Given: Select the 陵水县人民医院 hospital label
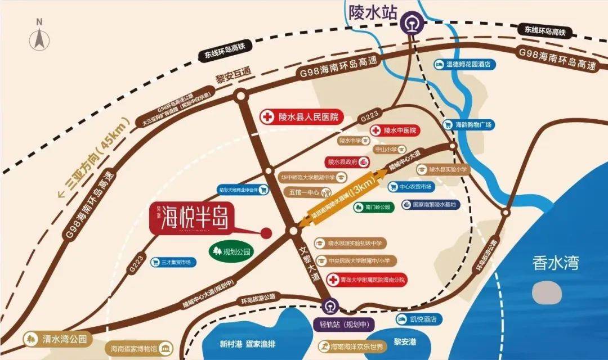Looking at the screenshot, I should click(x=301, y=117).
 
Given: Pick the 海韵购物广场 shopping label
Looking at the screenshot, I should click(x=467, y=124).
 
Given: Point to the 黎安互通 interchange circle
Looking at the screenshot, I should click(x=241, y=96).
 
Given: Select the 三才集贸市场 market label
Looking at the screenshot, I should click(x=171, y=262).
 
